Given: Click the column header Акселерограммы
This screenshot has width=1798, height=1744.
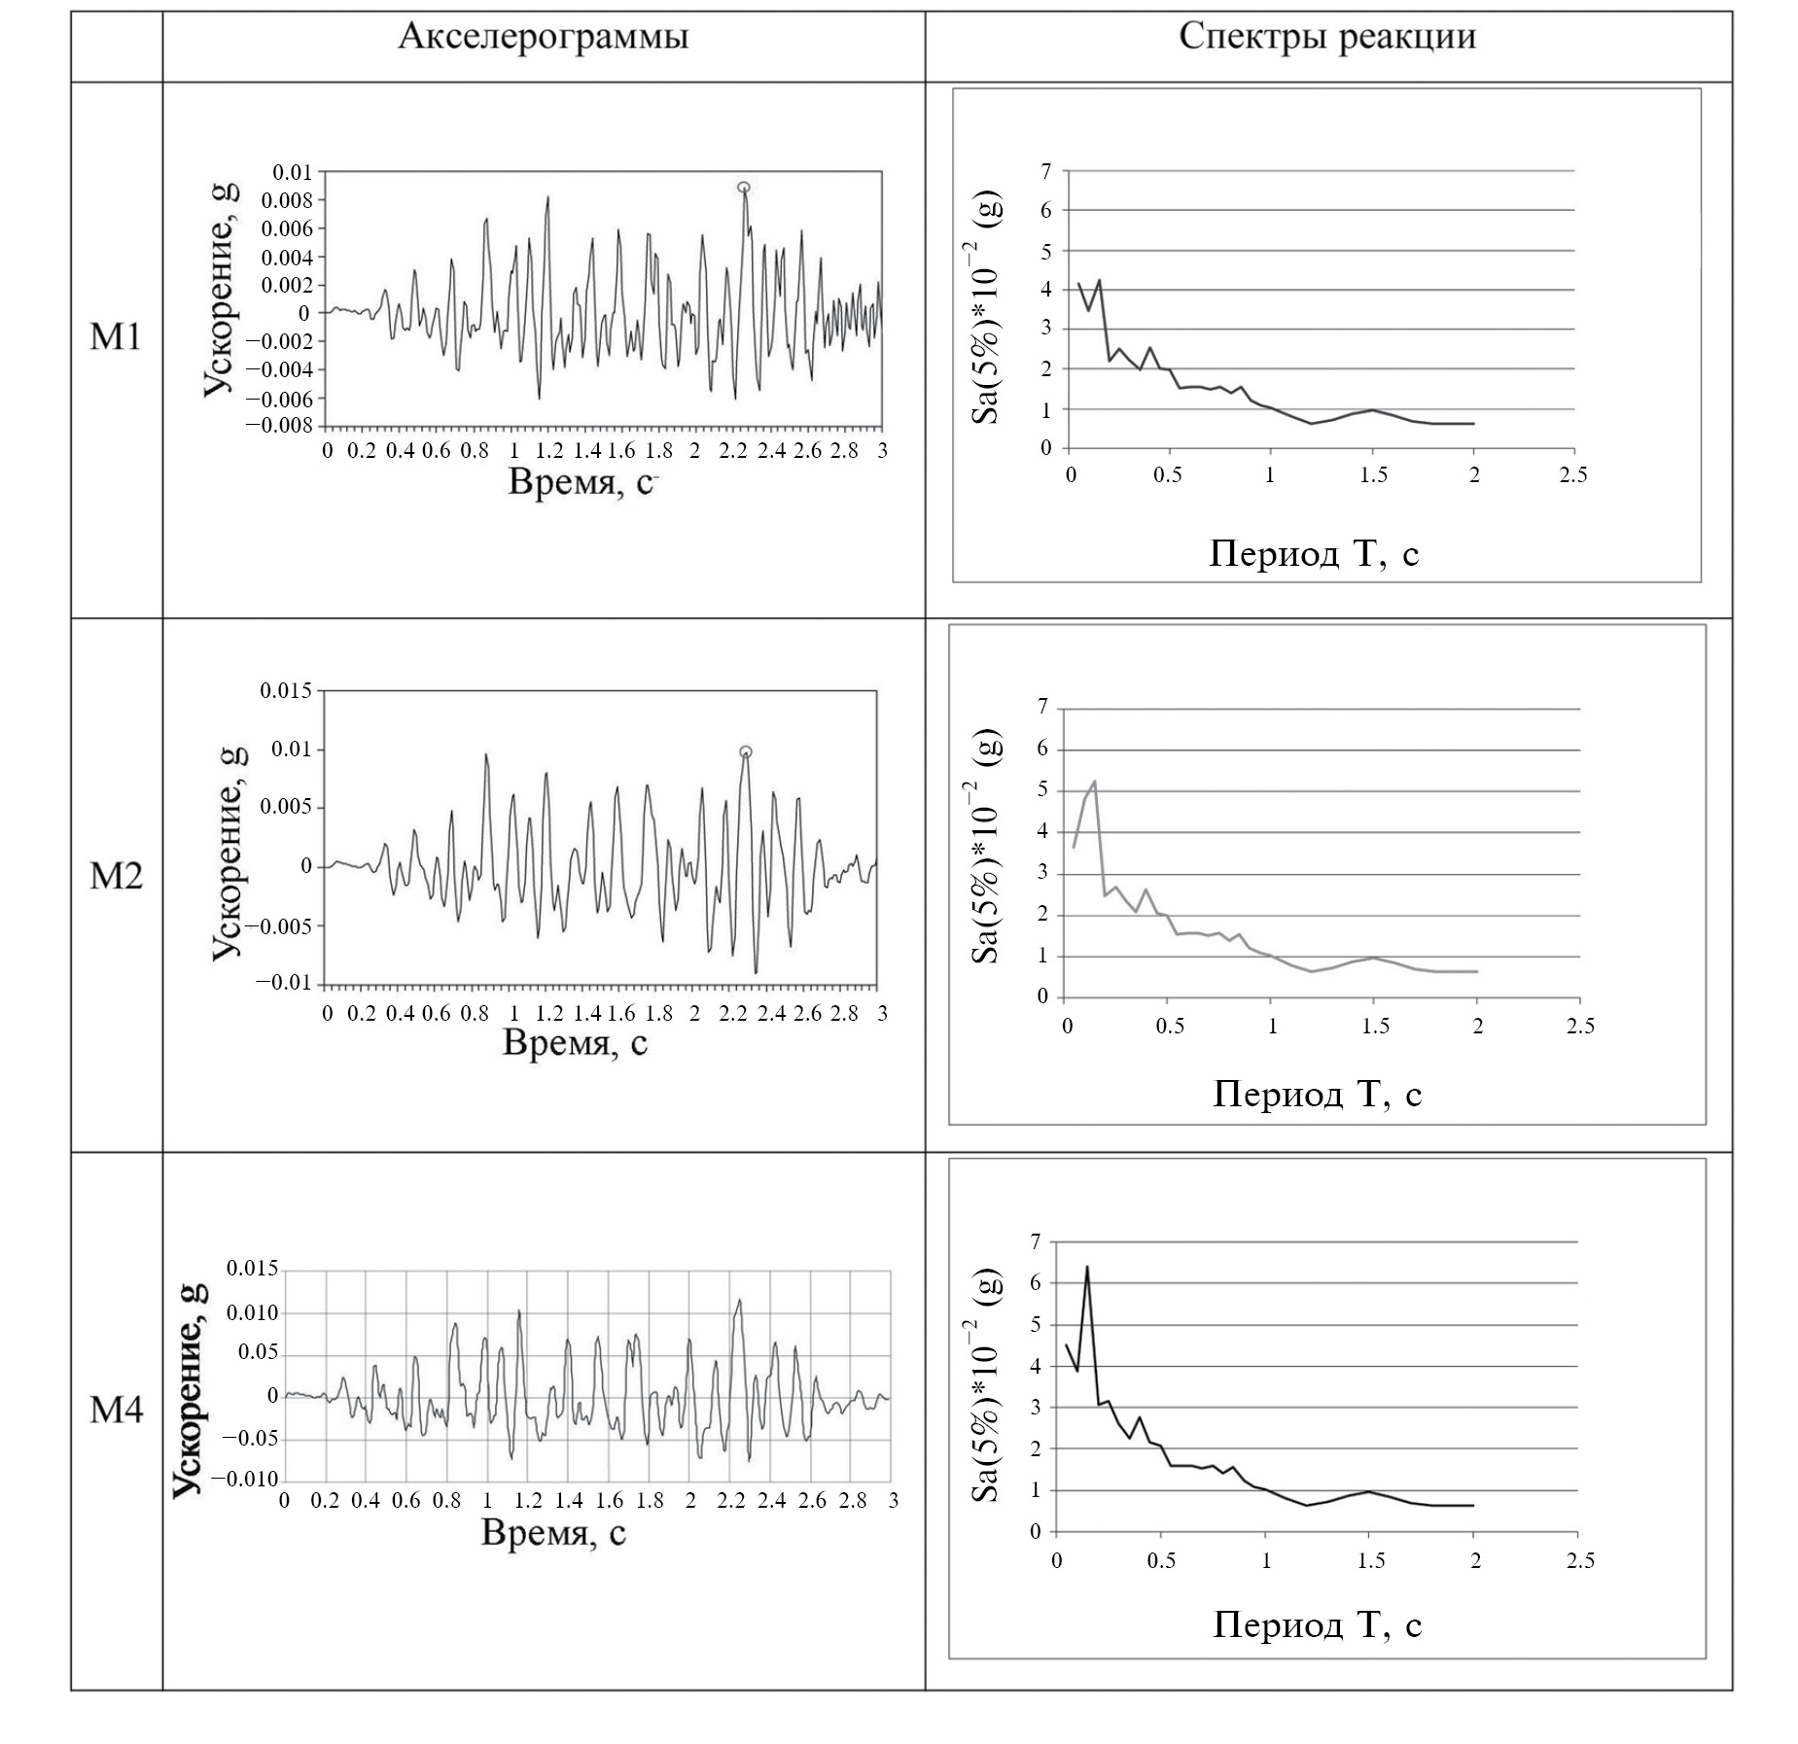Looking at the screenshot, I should tap(543, 38).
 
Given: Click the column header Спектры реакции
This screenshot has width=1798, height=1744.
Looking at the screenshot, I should tap(1327, 38).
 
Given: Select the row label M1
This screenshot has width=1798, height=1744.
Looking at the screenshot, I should tap(116, 338).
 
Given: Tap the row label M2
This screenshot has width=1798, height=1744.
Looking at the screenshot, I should tap(116, 877).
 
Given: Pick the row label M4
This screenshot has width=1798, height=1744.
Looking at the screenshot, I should tap(116, 1411).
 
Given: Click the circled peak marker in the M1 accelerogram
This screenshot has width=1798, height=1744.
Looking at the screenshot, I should tap(744, 188).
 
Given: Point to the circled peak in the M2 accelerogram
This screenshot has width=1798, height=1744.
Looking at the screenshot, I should tap(745, 751).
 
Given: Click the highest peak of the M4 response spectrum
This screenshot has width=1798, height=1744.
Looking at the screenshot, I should tap(1087, 1267).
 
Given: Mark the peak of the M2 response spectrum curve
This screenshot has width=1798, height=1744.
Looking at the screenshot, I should tap(1094, 782).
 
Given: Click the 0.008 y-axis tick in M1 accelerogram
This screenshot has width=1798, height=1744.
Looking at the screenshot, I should tap(287, 201).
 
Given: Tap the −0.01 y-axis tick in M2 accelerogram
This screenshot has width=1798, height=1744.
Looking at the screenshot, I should tap(284, 983).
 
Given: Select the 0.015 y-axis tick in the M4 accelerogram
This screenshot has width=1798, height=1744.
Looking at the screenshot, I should tap(252, 1270).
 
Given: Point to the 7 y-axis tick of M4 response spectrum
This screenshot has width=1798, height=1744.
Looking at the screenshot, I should tap(1035, 1241).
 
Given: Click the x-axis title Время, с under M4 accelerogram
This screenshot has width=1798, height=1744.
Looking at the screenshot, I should tap(553, 1534).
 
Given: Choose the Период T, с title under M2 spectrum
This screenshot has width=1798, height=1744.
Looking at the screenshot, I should tap(1317, 1096).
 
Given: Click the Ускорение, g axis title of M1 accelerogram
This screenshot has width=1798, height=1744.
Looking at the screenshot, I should tap(220, 289).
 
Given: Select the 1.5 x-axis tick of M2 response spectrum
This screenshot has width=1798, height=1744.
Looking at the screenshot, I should tap(1374, 1028).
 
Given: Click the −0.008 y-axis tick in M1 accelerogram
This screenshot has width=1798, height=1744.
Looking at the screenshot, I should tap(279, 426).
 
